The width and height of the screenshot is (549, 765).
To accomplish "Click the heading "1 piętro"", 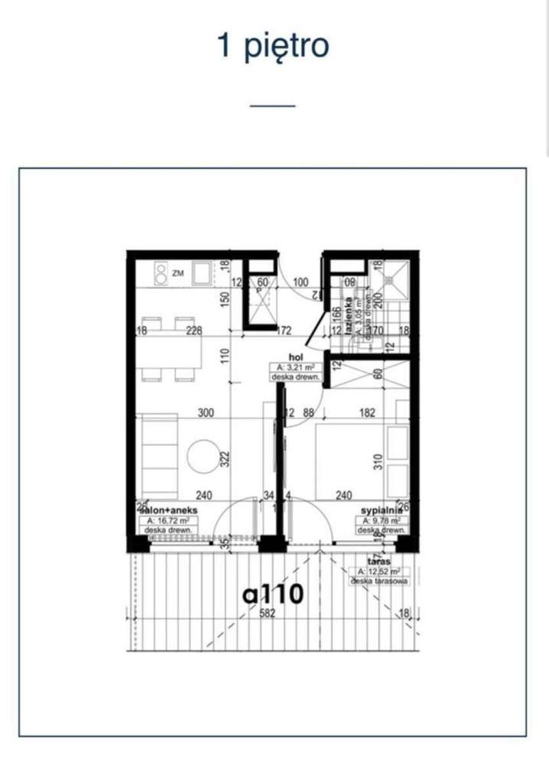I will point(274,46).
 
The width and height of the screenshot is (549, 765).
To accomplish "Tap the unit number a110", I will point(274,594).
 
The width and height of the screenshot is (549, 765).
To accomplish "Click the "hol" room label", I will point(296,356).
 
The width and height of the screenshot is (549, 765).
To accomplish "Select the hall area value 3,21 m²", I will point(296,367).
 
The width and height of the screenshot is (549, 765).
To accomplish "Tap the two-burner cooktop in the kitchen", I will point(162,272).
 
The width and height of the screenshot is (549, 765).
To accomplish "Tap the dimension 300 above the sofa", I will point(204,413).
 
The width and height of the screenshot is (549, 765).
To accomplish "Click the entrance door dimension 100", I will point(300,283).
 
